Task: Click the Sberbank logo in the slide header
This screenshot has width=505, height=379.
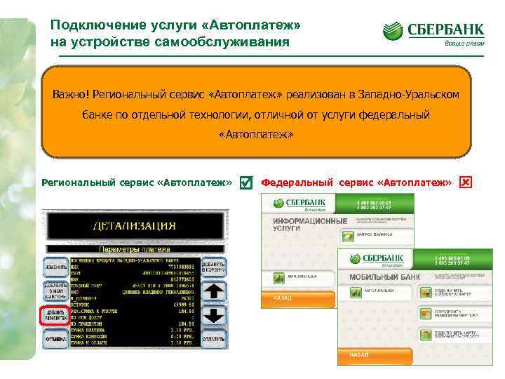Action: pyautogui.click(x=433, y=32)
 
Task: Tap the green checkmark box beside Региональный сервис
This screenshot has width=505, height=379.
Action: pyautogui.click(x=245, y=182)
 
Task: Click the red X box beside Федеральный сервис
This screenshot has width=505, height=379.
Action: pyautogui.click(x=466, y=182)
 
